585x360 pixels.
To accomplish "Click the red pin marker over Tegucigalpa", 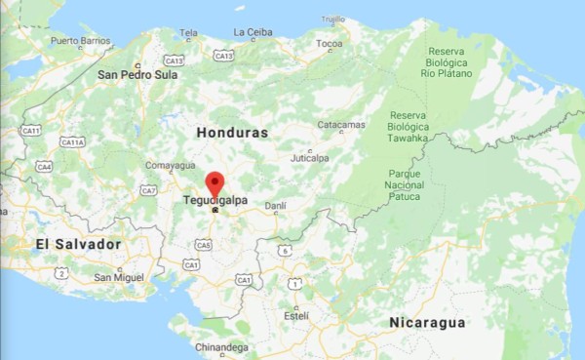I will (215, 183).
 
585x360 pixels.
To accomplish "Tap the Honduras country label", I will (232, 131).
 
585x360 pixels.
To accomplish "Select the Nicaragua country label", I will (427, 322).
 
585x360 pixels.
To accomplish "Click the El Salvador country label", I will (77, 243).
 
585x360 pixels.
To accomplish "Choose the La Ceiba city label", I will (253, 32).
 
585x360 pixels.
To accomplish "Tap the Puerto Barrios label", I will (81, 41).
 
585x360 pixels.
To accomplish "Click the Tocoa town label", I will (329, 44).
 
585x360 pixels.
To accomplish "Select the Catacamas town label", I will (341, 125).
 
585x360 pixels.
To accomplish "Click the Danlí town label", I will (276, 206).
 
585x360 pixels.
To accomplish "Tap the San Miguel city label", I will (119, 277).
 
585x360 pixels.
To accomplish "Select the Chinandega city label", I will (220, 346).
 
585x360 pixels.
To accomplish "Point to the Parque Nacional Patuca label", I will (404, 184).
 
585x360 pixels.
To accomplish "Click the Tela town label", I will (189, 32).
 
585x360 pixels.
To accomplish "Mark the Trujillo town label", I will (333, 19).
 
